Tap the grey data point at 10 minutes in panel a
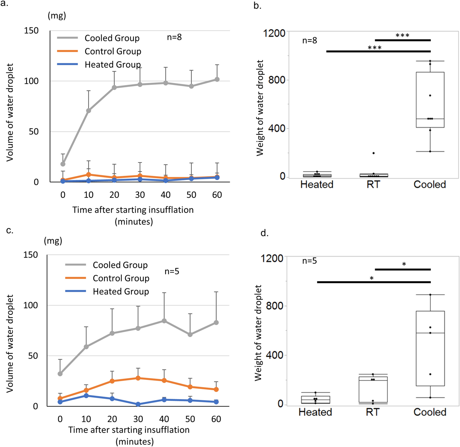tap(88, 111)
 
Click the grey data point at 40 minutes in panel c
tap(164, 321)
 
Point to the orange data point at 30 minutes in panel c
tap(138, 378)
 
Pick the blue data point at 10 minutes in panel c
tap(86, 396)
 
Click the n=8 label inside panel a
tap(174, 37)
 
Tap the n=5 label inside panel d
tap(309, 261)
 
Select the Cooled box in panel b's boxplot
tap(430, 100)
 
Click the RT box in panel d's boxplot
tap(373, 390)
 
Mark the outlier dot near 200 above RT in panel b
tap(373, 153)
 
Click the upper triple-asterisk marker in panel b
tap(402, 36)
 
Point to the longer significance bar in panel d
tap(373, 282)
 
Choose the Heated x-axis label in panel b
tap(317, 184)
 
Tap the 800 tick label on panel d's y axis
tap(274, 306)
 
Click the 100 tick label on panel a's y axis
tap(31, 81)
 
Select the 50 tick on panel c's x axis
tap(190, 419)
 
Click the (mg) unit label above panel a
tap(57, 16)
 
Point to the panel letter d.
tap(264, 233)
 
